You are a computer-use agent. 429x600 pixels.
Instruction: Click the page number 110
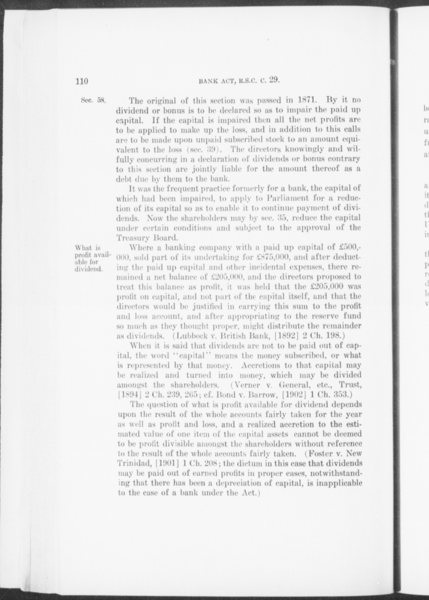coord(82,81)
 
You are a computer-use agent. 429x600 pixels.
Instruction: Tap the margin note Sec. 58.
coord(93,101)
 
